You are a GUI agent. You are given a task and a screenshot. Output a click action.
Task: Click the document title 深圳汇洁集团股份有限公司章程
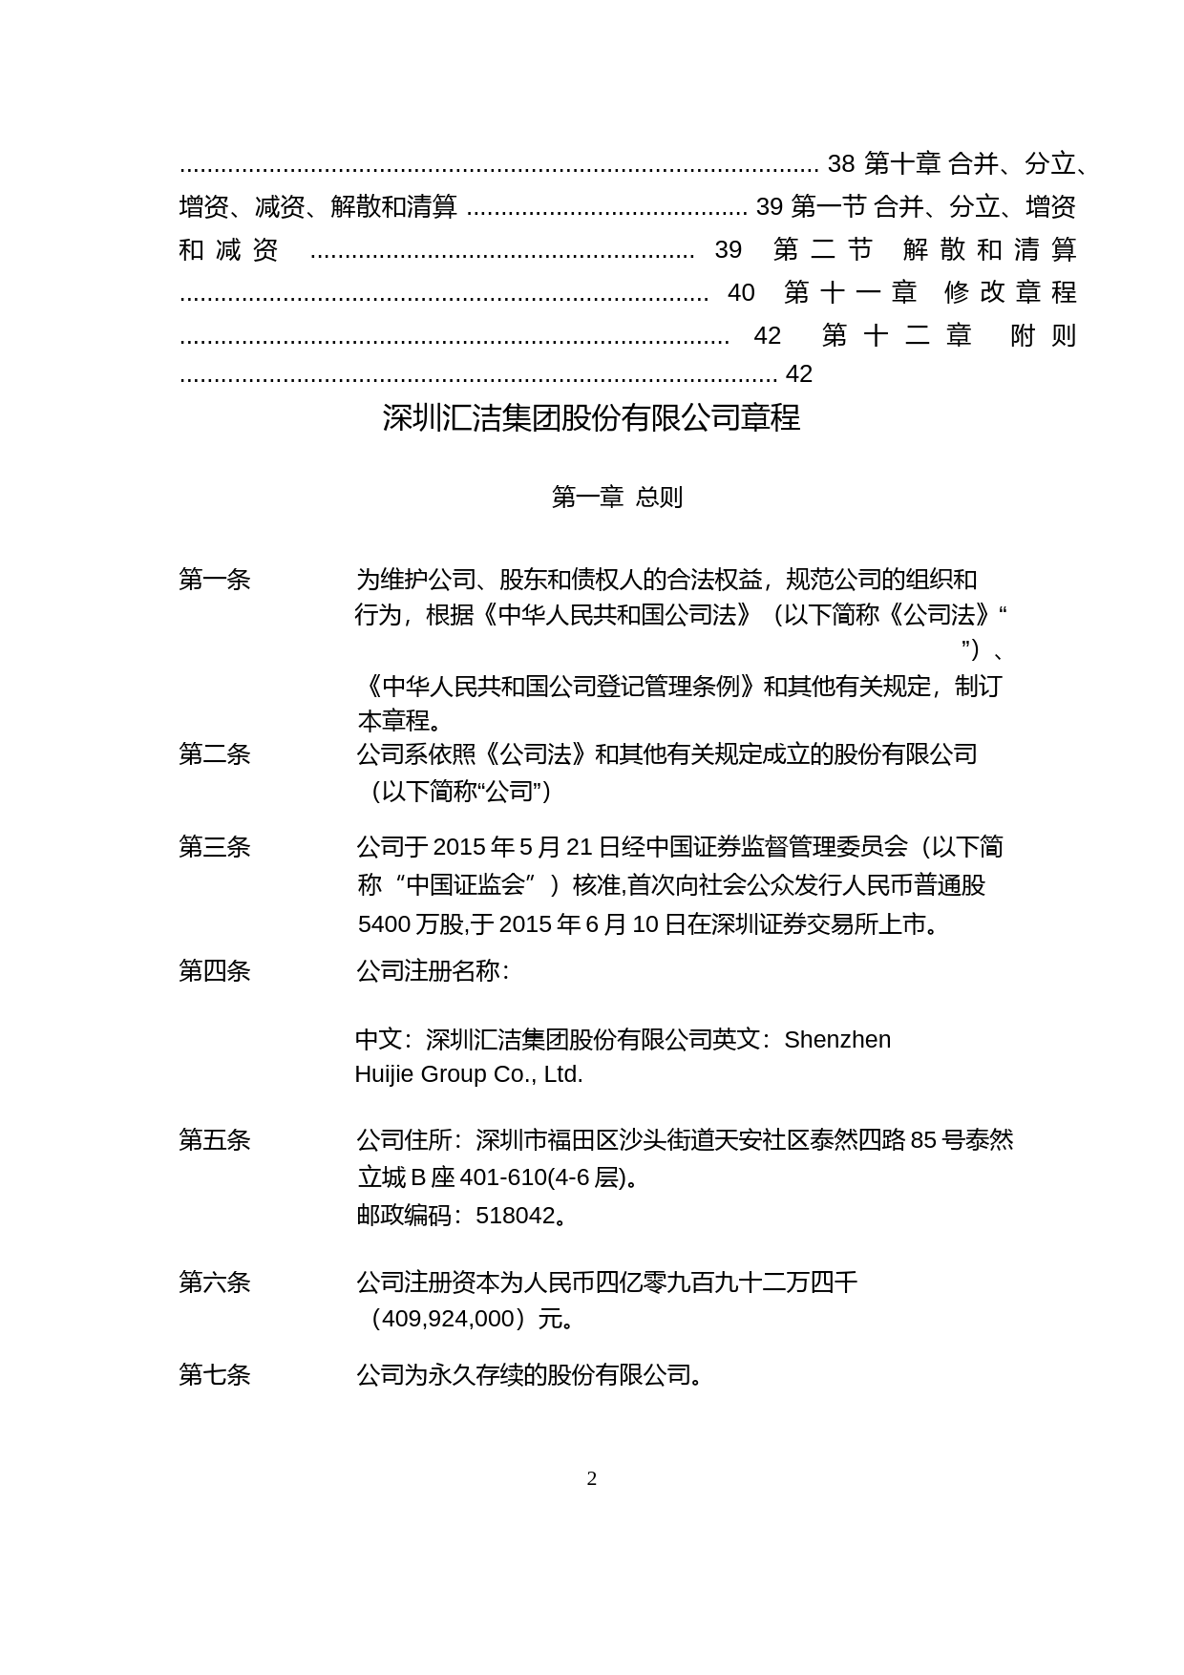coord(591,417)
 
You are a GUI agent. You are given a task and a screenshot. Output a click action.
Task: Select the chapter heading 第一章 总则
coord(617,497)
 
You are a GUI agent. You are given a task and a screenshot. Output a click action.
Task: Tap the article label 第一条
coord(215,579)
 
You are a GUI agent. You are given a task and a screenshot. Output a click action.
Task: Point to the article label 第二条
coord(215,753)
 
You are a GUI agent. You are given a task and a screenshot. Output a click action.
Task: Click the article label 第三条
coord(215,846)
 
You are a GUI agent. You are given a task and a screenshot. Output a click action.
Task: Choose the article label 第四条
coord(215,970)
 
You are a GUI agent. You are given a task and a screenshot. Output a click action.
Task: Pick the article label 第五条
coord(215,1139)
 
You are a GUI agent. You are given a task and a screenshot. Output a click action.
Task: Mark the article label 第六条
coord(215,1282)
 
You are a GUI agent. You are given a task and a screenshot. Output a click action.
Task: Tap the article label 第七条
coord(215,1374)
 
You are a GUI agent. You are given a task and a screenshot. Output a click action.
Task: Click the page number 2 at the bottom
coord(592,1479)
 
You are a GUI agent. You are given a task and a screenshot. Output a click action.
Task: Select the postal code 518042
coord(516,1215)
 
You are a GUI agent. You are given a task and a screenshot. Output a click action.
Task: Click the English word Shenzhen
coord(837,1039)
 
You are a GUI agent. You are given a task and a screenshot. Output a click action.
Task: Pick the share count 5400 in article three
coord(384,923)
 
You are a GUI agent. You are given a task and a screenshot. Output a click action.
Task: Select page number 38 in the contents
coord(840,164)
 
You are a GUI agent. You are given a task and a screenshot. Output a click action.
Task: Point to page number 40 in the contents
coord(741,292)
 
